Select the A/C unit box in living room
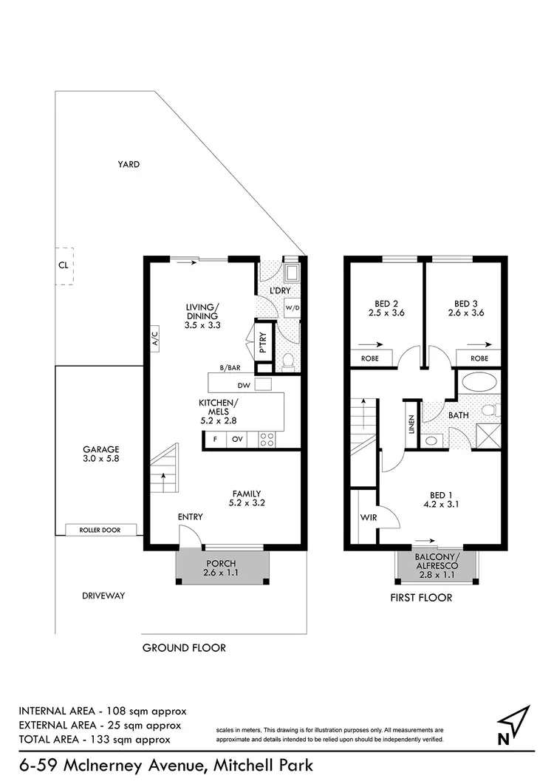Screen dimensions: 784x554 [155, 339]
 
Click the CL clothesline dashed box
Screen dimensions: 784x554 [64, 263]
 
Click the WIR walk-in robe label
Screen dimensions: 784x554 [369, 518]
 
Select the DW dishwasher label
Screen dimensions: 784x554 [242, 385]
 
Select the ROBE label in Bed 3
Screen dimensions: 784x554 [479, 358]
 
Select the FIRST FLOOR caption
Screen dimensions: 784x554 [420, 597]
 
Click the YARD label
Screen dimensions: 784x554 [129, 165]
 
